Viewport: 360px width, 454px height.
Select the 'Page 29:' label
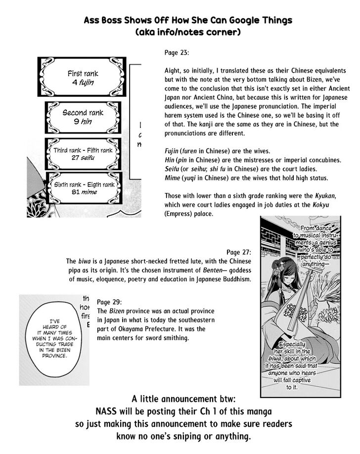(x=110, y=302)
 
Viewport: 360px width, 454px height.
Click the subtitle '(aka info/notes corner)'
(x=187, y=33)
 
